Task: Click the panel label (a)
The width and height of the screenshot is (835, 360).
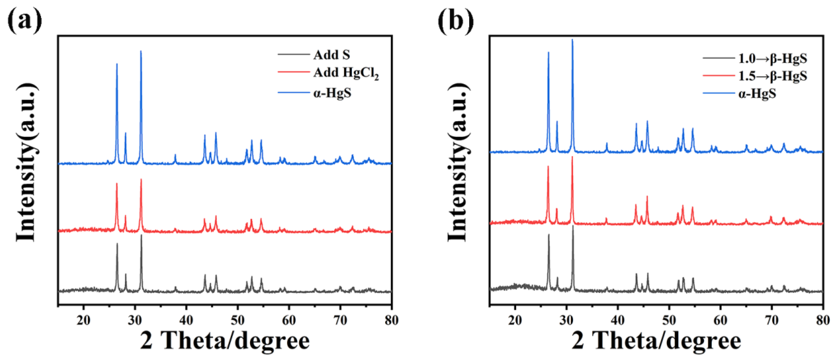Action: click(25, 20)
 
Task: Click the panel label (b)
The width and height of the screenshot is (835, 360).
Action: click(455, 20)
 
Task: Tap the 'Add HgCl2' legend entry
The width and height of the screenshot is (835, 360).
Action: click(346, 73)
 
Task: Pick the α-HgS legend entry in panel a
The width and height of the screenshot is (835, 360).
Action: click(332, 93)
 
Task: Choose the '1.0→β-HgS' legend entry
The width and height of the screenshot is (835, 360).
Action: click(772, 59)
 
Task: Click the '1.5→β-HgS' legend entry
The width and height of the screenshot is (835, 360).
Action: click(772, 76)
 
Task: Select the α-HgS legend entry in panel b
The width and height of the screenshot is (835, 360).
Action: click(757, 94)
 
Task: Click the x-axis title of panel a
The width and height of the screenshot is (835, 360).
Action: click(225, 341)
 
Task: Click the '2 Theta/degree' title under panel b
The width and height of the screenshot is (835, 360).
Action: click(656, 341)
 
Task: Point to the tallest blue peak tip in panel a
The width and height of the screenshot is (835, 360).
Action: click(141, 51)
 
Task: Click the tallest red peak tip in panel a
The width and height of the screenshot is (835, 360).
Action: click(141, 179)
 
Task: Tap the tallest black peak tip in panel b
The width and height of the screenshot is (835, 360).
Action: click(573, 226)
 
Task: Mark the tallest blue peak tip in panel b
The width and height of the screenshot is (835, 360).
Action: click(572, 40)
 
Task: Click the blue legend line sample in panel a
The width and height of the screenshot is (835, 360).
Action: click(293, 93)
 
